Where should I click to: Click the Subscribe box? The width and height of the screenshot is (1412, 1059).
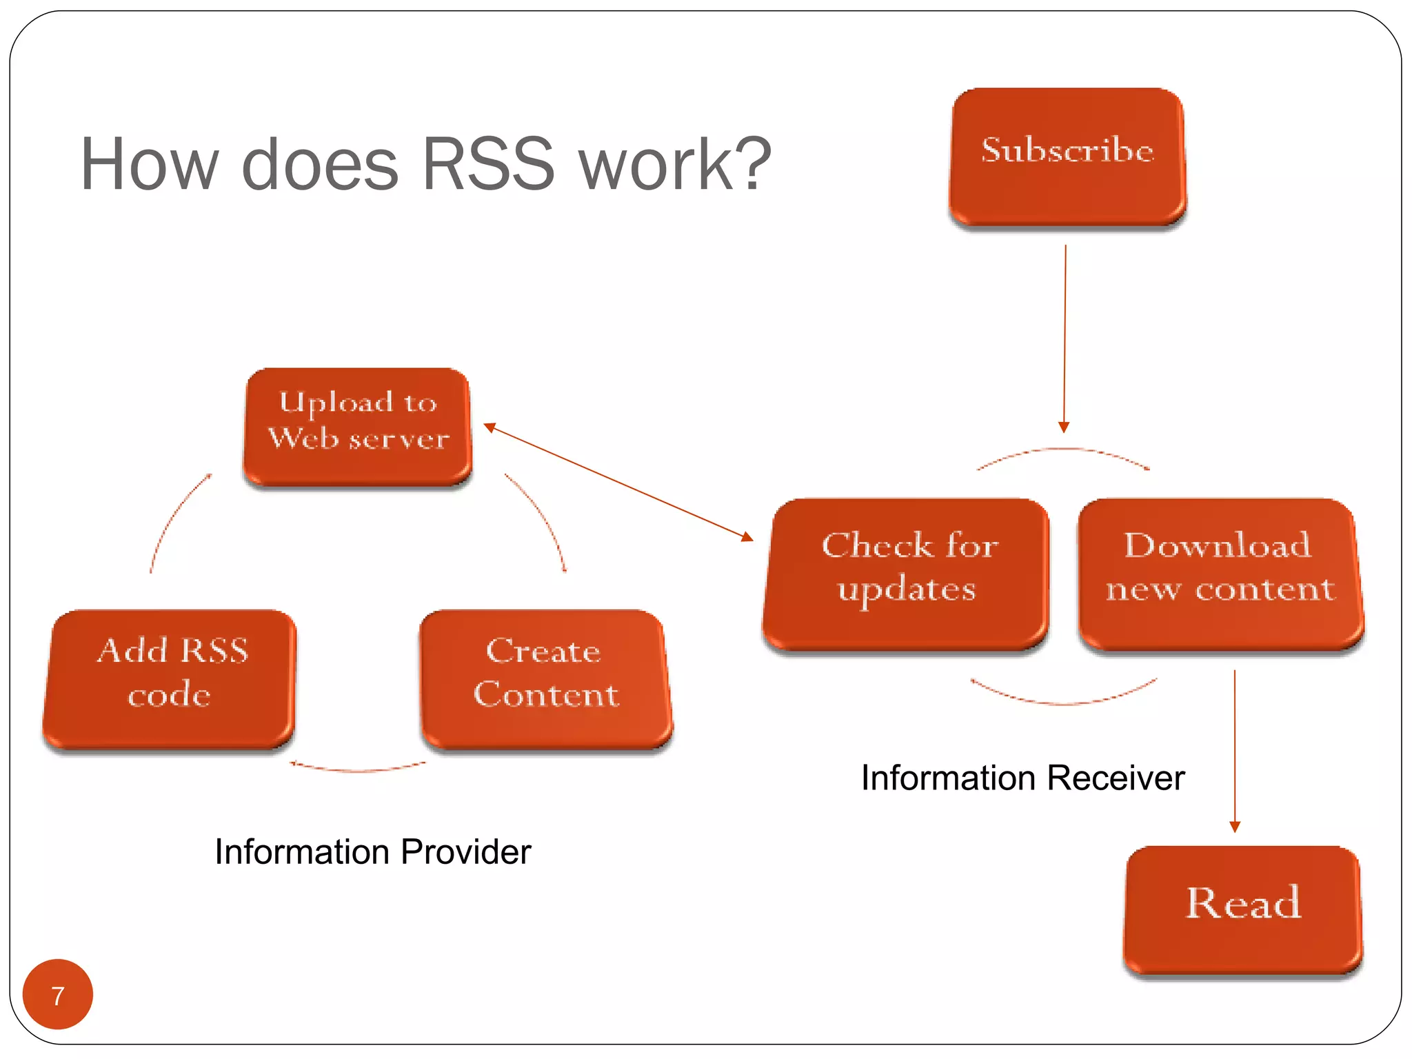coord(1067,157)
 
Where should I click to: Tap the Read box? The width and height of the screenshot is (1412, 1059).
coord(1242,909)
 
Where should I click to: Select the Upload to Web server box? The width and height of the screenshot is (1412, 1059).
coord(358,426)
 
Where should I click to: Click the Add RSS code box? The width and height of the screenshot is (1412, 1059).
coord(170,678)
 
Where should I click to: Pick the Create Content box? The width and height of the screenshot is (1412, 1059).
coord(545,678)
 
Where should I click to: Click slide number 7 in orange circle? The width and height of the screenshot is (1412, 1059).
coord(58,994)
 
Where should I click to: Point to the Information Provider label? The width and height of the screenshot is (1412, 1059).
coord(372,851)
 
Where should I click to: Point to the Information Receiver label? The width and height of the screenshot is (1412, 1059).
coord(1022,778)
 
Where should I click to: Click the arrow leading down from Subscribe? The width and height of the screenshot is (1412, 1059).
coord(1065,338)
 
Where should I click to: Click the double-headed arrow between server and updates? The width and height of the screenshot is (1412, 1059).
coord(618,482)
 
